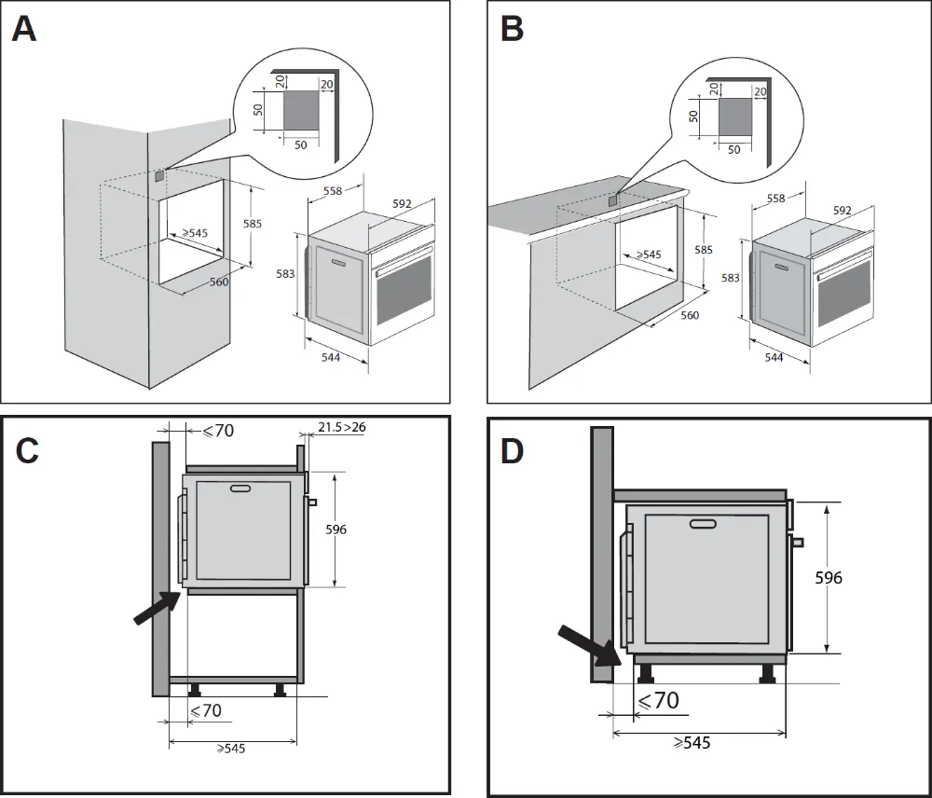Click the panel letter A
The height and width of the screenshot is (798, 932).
coord(24,29)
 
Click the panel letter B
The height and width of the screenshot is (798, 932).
coord(512,29)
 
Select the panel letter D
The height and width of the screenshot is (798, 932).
coord(514,450)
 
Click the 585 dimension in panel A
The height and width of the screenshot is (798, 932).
coord(253,224)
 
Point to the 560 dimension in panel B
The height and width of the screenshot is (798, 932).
coord(690,315)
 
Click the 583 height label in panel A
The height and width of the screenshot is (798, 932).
coord(286,273)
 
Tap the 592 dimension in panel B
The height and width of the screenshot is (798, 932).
coord(843,211)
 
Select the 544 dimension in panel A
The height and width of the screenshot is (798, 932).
coord(331,358)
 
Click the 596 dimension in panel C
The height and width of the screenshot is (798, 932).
coord(336,530)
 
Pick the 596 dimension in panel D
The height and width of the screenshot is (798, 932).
coord(828,578)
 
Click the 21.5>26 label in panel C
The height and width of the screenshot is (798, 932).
coord(342,428)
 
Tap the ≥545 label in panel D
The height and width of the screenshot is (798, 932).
coord(690,743)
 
